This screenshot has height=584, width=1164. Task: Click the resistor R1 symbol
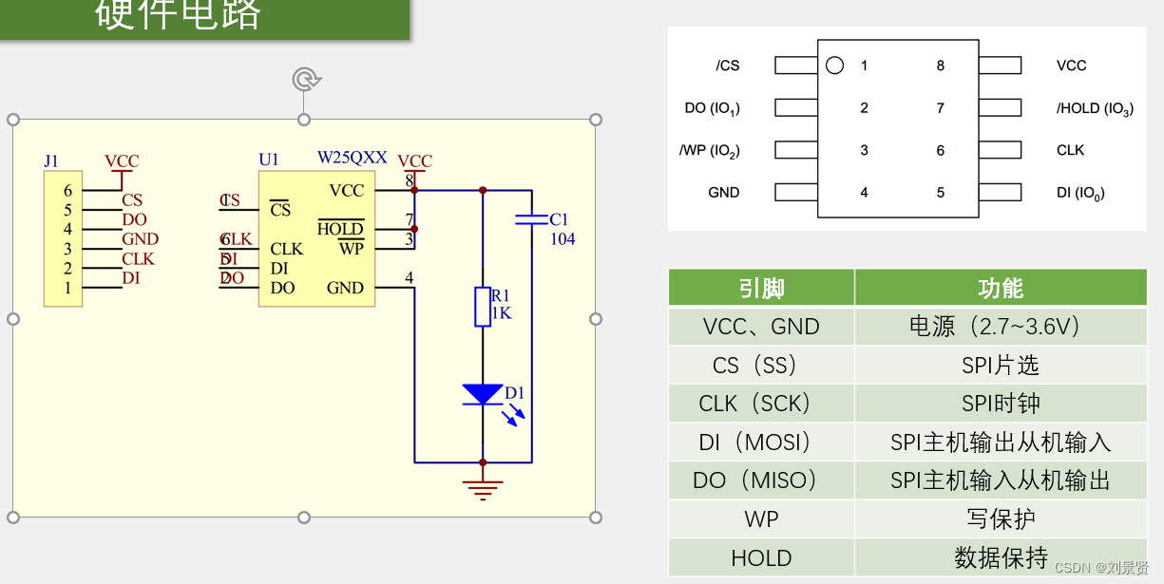(483, 307)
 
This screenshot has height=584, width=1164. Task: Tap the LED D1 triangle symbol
(483, 394)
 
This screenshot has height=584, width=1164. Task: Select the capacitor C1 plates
(531, 219)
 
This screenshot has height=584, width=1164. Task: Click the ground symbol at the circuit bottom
(483, 488)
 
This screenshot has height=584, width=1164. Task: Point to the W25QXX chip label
(352, 158)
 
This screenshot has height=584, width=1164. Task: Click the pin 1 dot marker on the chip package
(834, 66)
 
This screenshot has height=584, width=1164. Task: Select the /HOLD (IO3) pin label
(1095, 108)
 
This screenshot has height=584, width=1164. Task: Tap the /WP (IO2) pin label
(709, 150)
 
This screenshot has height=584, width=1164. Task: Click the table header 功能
(1000, 288)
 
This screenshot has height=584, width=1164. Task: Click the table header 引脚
(761, 288)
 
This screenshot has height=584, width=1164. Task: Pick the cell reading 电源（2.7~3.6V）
(1000, 327)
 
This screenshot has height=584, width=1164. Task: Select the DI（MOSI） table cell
(761, 443)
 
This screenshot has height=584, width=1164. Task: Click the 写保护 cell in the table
(1000, 519)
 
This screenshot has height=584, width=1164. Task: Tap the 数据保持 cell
(1000, 557)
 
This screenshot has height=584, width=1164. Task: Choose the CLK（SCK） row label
(761, 404)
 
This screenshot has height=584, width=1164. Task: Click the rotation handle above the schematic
(304, 79)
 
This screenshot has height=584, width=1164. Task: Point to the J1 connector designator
(51, 160)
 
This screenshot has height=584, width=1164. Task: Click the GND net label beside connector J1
(140, 239)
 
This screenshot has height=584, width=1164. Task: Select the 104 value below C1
(563, 239)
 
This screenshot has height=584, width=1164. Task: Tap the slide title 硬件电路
(178, 14)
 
